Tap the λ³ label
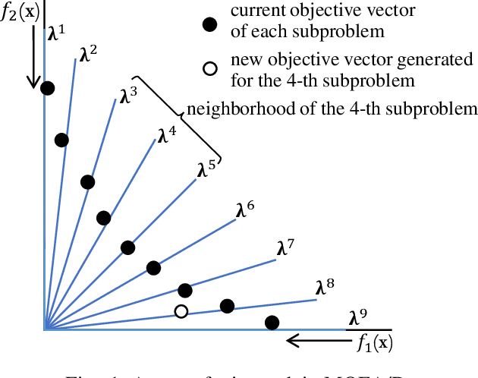129,96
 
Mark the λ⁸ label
325,287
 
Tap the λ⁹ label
358,317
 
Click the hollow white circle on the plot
181,311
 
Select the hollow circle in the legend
209,70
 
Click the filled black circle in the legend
209,26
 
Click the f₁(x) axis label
375,342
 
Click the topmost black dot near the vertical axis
48,89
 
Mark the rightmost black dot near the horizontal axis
272,323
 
